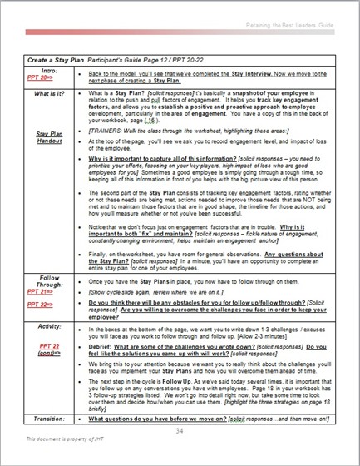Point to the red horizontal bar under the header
click(180, 37)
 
